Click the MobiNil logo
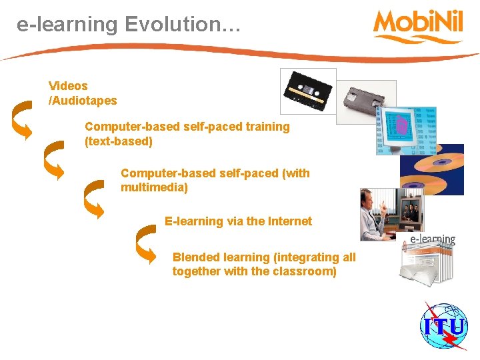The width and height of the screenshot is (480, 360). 419,25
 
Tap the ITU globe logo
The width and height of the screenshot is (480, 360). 444,325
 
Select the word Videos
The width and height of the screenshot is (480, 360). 68,86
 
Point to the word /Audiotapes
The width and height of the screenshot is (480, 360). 83,101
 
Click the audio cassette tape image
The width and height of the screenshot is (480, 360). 308,91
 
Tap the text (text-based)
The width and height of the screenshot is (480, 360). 119,141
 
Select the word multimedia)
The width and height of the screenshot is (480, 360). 155,187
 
